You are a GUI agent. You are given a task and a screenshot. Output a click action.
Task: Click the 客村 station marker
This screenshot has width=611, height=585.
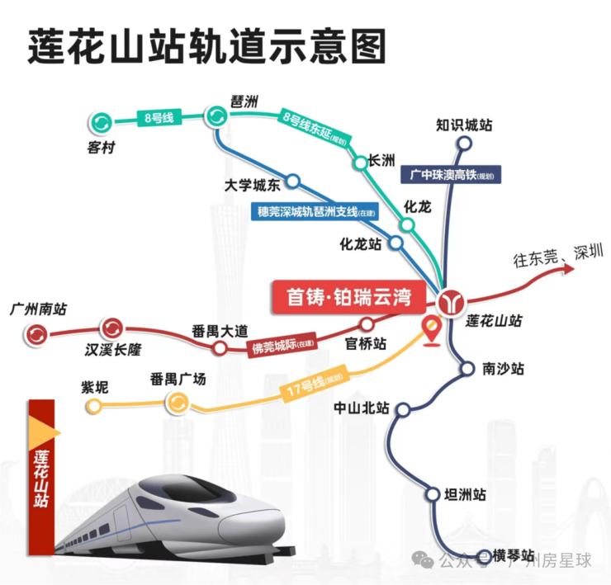102,123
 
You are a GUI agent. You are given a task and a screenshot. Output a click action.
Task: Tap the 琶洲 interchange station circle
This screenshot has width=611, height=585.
216,116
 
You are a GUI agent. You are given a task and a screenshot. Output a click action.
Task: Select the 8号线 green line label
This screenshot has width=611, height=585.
159,118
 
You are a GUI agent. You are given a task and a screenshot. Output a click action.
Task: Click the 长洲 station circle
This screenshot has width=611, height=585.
361,163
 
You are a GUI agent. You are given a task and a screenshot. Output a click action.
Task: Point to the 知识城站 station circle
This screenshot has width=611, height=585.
464,144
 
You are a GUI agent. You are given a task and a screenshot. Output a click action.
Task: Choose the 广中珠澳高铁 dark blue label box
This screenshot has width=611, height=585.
451,174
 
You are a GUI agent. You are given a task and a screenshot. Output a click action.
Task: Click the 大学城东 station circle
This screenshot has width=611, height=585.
293,181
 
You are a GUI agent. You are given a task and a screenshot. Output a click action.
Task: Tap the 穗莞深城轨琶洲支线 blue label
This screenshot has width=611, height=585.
315,212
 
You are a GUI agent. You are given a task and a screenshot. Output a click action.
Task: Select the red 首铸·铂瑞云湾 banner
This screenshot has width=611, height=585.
348,297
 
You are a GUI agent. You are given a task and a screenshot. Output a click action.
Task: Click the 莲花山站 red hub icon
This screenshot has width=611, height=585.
451,302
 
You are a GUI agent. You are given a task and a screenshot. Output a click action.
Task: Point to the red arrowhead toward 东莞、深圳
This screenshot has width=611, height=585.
569,269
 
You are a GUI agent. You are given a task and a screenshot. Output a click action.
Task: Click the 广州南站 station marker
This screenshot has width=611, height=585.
36,334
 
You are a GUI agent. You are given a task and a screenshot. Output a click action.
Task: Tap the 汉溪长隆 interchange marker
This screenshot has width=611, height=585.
112,328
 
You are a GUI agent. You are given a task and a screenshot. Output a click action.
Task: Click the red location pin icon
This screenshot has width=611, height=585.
431,332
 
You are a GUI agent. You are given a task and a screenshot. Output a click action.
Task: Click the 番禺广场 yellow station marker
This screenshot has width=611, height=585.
178,403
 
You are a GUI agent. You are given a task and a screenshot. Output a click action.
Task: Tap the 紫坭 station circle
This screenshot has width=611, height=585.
94,406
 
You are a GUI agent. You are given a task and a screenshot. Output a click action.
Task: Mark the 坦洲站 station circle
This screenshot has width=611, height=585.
433,494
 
